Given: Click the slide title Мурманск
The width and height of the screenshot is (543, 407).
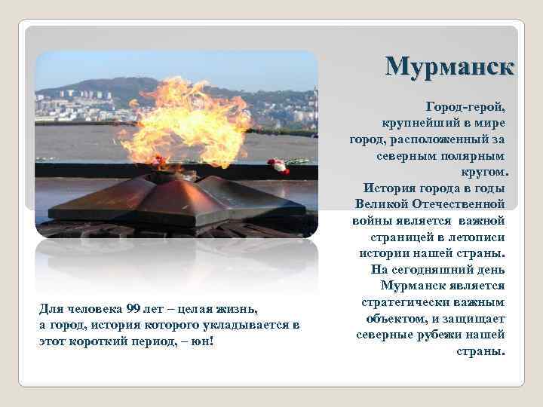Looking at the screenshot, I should point(451,66).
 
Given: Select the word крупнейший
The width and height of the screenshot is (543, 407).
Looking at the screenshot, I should point(421,123).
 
